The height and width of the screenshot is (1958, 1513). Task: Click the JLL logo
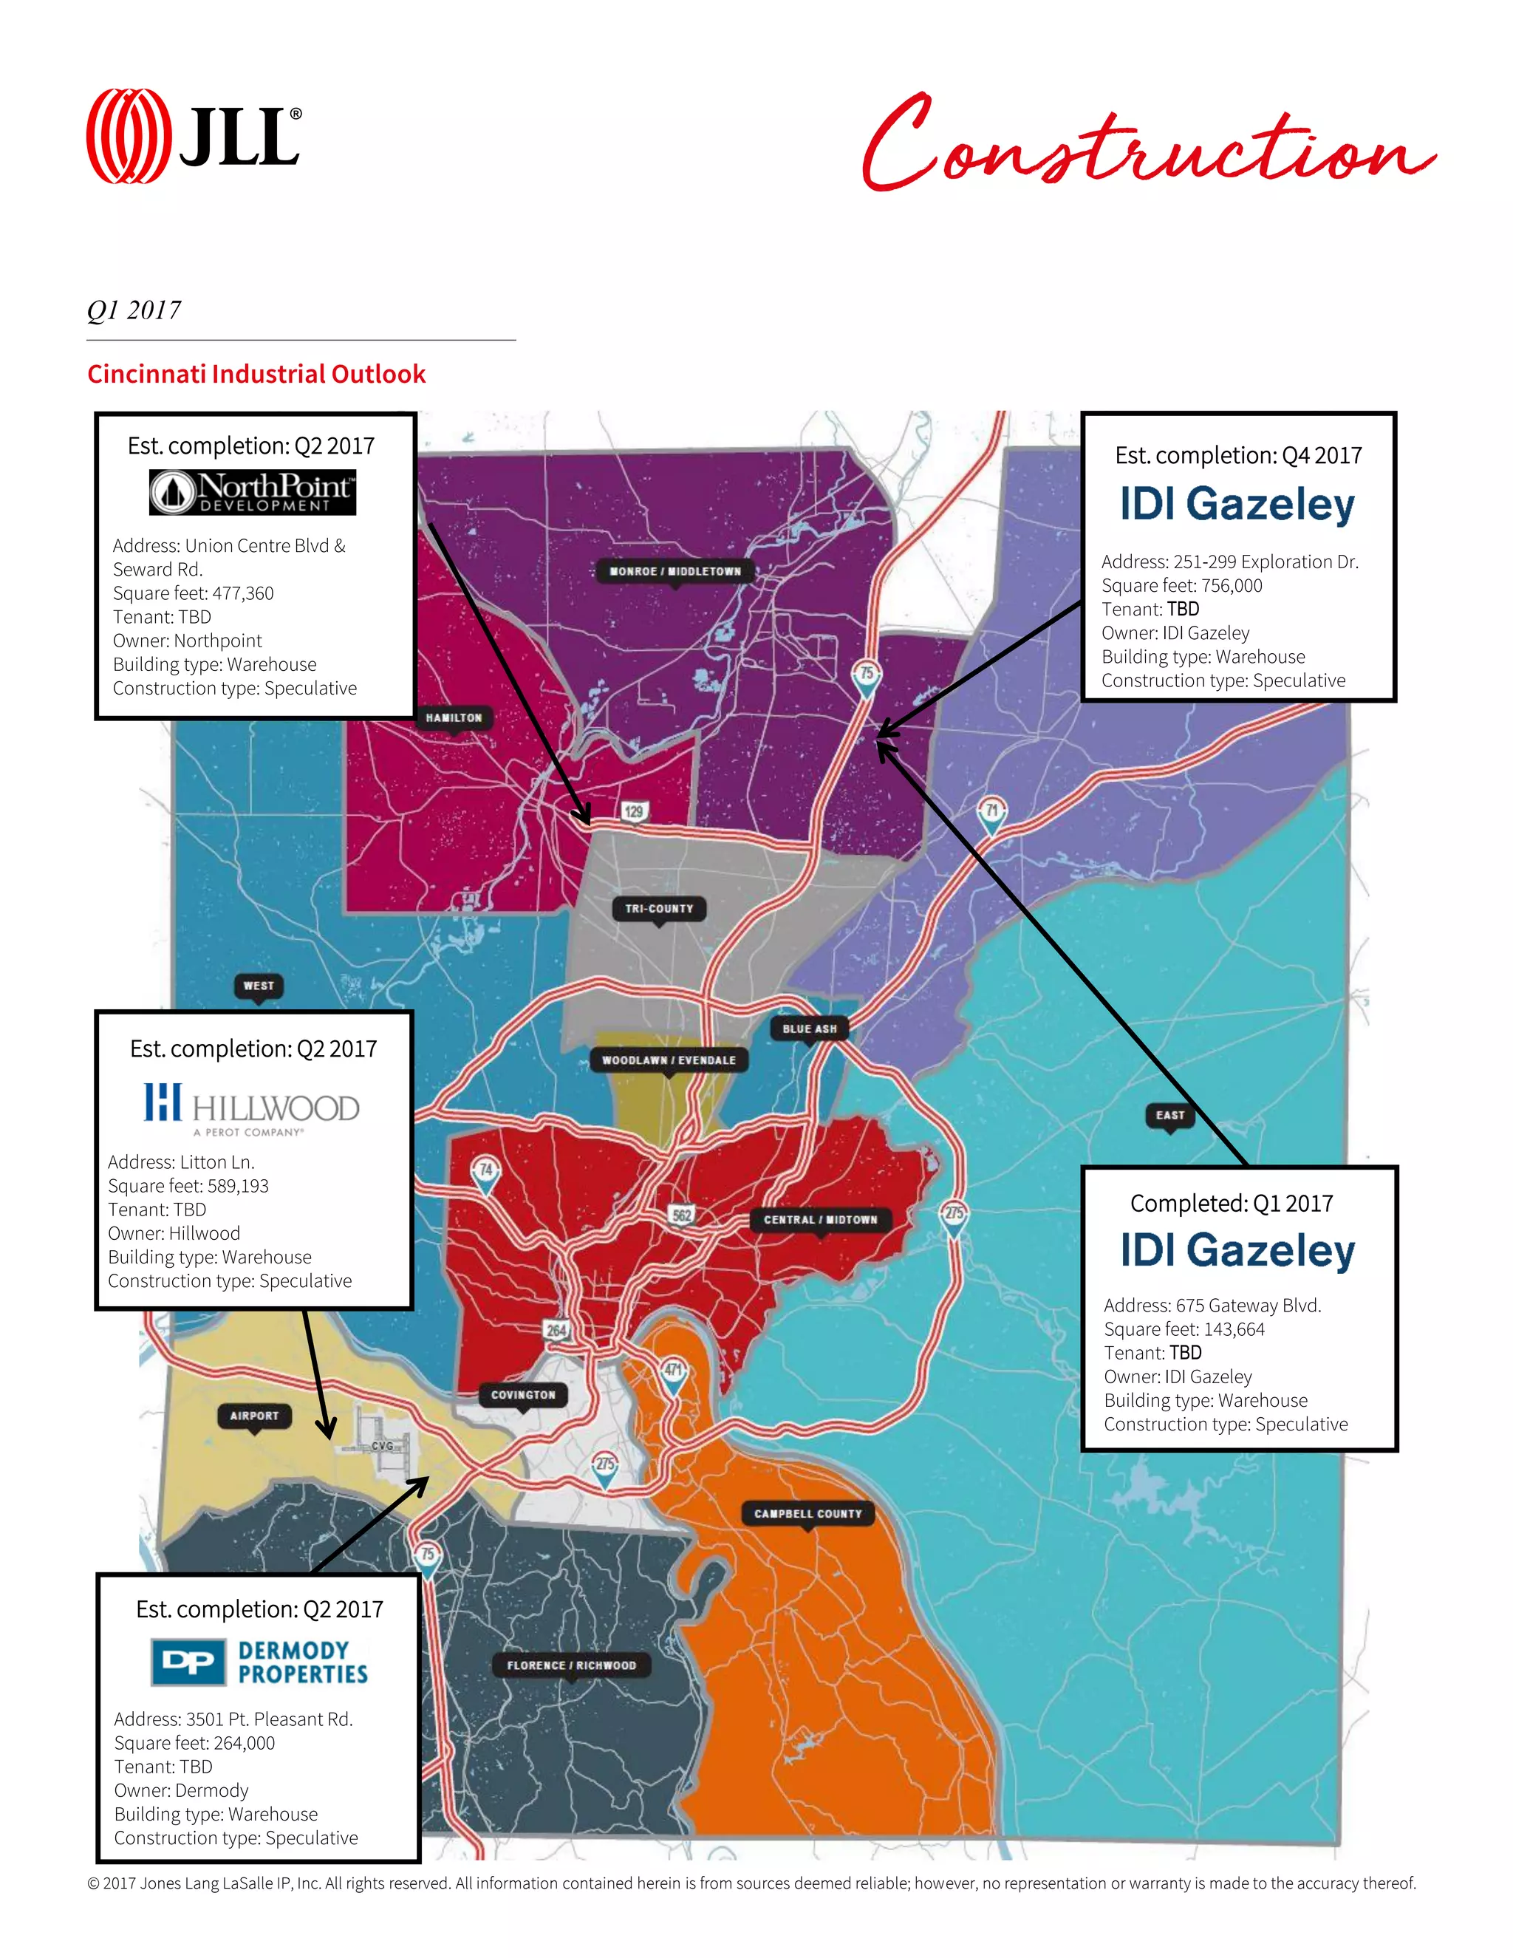coord(194,136)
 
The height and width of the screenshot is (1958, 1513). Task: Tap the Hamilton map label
coord(454,717)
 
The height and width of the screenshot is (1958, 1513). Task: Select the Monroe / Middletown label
coord(675,571)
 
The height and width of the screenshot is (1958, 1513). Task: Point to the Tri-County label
coord(659,908)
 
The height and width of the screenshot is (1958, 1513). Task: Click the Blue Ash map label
coord(810,1029)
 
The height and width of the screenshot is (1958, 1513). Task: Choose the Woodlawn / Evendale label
coord(669,1060)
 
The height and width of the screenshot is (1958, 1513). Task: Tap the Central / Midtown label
coord(820,1219)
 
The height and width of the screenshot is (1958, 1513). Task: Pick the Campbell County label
coord(807,1513)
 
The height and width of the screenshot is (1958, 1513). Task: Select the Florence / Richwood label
coord(572,1665)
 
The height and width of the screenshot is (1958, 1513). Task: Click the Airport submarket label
coord(255,1416)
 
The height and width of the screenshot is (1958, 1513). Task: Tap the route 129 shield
coord(635,811)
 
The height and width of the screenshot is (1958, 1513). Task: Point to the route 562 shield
coord(682,1215)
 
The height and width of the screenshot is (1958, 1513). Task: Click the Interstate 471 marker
coord(673,1371)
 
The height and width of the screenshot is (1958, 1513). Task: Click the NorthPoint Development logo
coord(252,492)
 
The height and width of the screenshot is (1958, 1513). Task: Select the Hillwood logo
coord(252,1108)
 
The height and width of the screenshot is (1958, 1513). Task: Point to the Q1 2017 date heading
coord(134,310)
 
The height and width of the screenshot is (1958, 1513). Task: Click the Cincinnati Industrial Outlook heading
coord(256,374)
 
